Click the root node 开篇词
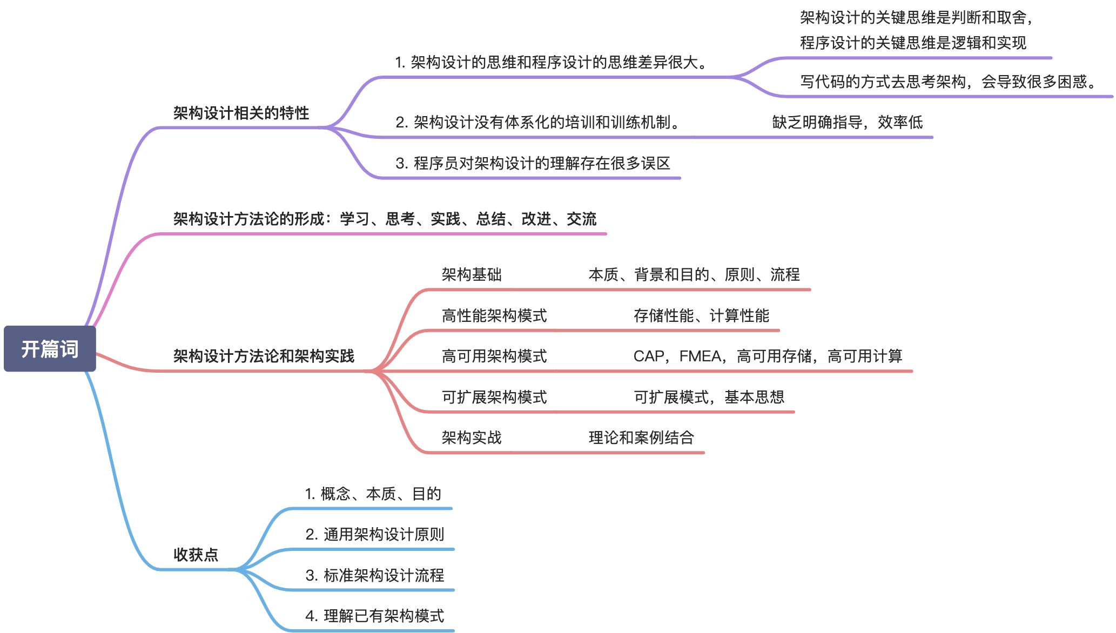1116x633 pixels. (50, 349)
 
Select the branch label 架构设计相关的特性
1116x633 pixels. (241, 113)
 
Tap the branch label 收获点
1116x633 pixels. (196, 554)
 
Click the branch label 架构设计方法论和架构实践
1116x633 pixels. (264, 356)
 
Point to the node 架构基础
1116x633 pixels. (472, 274)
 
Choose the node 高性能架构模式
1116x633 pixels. (494, 315)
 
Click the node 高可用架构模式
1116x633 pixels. (494, 356)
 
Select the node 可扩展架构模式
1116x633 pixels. (494, 397)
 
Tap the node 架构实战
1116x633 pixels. (472, 437)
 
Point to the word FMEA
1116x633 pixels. (700, 356)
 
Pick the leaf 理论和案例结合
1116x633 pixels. (641, 437)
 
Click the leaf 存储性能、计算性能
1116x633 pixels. (701, 315)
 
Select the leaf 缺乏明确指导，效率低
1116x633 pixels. (847, 122)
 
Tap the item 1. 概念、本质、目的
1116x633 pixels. (373, 494)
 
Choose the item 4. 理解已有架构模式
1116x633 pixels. (374, 616)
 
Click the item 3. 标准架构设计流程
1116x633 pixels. (374, 575)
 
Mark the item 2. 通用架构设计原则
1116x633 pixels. (374, 534)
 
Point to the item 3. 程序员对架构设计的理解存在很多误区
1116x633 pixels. (533, 163)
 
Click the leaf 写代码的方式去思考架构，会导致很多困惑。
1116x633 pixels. (949, 82)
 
